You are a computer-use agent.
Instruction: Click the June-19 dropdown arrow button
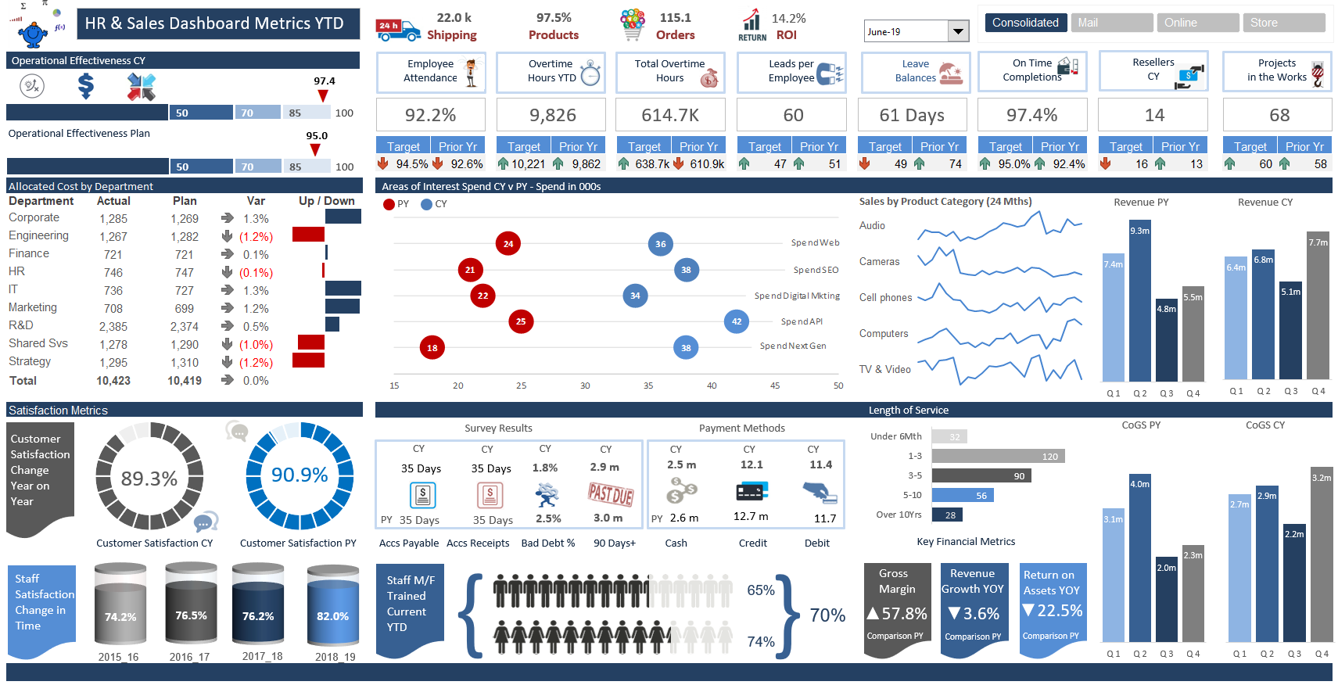(x=958, y=31)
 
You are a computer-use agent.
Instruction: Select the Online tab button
(x=1196, y=23)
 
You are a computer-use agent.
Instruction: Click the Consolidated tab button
(x=1024, y=23)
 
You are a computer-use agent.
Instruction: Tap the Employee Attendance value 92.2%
(x=430, y=115)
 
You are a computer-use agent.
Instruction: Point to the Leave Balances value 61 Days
(x=912, y=115)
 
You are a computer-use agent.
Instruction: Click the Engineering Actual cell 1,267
(x=113, y=236)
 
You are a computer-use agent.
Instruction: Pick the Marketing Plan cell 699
(x=185, y=309)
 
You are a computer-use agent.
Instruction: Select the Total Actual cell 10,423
(x=113, y=381)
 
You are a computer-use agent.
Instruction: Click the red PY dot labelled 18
(x=432, y=348)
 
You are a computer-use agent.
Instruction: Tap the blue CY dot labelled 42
(x=737, y=321)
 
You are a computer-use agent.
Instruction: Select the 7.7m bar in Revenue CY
(x=1318, y=306)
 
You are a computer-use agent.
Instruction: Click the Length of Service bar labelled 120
(x=998, y=456)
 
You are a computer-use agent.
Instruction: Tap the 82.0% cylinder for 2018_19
(x=333, y=614)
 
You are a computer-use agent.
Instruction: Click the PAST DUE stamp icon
(x=610, y=494)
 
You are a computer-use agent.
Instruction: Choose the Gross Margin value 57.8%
(x=897, y=614)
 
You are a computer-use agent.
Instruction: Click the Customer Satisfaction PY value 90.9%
(x=300, y=475)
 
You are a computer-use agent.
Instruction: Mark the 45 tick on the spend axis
(x=775, y=386)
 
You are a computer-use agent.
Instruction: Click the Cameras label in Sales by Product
(x=879, y=262)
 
